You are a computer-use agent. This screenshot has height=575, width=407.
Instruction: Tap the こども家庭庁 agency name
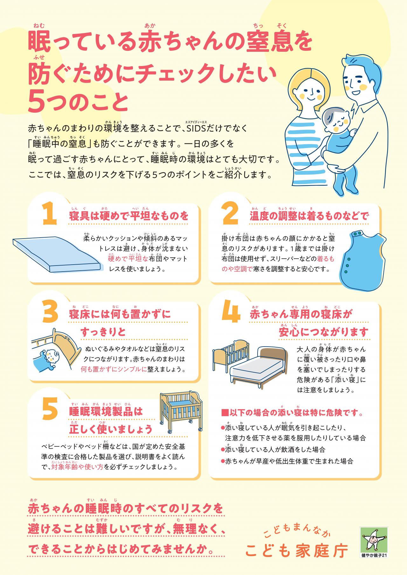click(297, 550)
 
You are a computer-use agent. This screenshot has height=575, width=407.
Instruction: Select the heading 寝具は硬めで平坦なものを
click(129, 216)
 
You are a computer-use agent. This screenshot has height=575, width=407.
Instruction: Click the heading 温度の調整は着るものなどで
click(309, 216)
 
